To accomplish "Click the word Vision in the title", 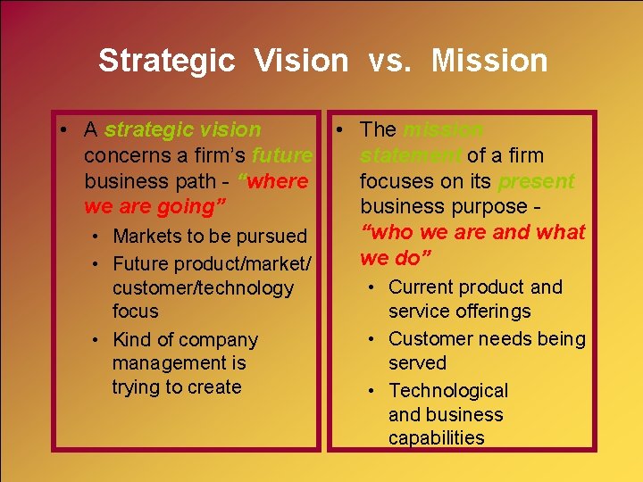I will [301, 61].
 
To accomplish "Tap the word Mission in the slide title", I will [489, 61].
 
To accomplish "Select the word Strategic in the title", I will [167, 61].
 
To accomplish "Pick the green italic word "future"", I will [282, 155].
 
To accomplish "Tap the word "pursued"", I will [271, 237].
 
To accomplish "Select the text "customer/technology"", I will [203, 287].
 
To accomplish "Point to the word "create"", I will [212, 387].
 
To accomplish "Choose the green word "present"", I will [537, 181].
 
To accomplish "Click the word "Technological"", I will [448, 391].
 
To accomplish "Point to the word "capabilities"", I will [437, 438].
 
